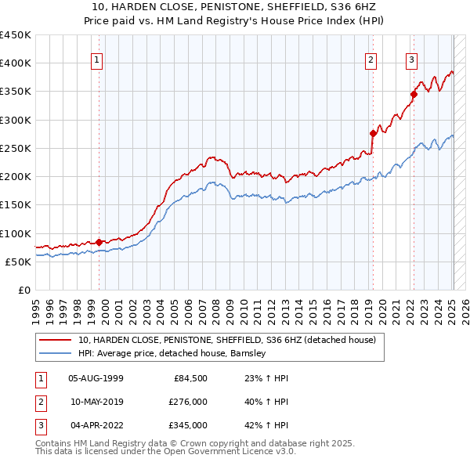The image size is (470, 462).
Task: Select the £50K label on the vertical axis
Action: click(x=19, y=262)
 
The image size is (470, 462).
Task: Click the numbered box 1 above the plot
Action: click(x=96, y=59)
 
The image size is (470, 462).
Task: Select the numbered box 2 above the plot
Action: click(x=370, y=59)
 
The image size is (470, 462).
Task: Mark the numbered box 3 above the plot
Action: click(x=411, y=59)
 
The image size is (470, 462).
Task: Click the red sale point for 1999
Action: click(x=99, y=242)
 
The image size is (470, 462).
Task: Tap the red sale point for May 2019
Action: click(x=373, y=133)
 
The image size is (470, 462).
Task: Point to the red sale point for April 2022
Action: click(x=413, y=94)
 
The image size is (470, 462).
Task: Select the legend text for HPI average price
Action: click(x=172, y=353)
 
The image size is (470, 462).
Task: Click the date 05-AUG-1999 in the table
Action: click(x=96, y=378)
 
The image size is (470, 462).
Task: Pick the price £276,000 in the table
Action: click(x=189, y=402)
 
